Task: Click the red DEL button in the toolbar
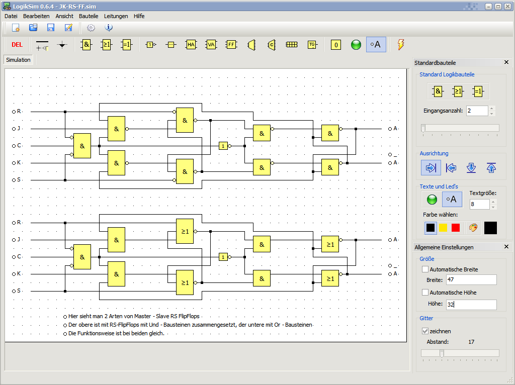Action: pyautogui.click(x=17, y=45)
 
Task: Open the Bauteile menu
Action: pyautogui.click(x=89, y=16)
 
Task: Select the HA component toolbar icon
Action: pyautogui.click(x=191, y=45)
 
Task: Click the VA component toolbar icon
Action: pyautogui.click(x=211, y=45)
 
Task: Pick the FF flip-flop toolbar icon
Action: pyautogui.click(x=231, y=45)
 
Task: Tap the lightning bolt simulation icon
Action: pyautogui.click(x=401, y=44)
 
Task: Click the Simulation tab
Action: pyautogui.click(x=18, y=60)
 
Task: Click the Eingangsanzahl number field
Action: pyautogui.click(x=477, y=111)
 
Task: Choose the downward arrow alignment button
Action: pyautogui.click(x=471, y=168)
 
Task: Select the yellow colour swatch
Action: pyautogui.click(x=443, y=228)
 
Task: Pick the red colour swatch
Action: pyautogui.click(x=456, y=228)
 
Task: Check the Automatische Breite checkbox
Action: pyautogui.click(x=425, y=269)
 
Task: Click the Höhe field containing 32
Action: pyautogui.click(x=471, y=304)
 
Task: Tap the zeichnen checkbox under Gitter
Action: pyautogui.click(x=425, y=331)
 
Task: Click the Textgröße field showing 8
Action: pyautogui.click(x=479, y=204)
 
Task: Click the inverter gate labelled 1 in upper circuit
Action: pyautogui.click(x=223, y=146)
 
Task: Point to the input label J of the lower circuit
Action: pyautogui.click(x=19, y=239)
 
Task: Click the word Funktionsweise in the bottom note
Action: pyautogui.click(x=101, y=333)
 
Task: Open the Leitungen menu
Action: pyautogui.click(x=116, y=16)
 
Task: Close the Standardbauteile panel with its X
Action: pyautogui.click(x=506, y=62)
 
